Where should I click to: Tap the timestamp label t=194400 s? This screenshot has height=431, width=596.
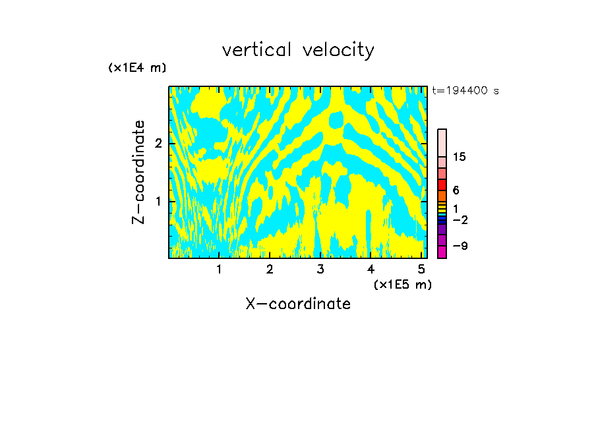[465, 91]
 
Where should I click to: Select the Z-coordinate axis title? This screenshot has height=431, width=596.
[138, 171]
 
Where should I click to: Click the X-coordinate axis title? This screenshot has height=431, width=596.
[298, 304]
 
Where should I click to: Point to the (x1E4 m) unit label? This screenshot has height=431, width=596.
[137, 68]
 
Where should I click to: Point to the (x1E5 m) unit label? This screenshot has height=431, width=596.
[402, 284]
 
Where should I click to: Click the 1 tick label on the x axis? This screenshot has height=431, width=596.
[219, 270]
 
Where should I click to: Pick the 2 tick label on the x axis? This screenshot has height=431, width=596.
[270, 270]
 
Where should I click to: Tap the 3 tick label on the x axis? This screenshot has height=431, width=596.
[320, 270]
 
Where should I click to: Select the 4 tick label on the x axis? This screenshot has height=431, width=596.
[371, 270]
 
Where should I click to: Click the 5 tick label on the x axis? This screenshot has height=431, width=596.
[422, 270]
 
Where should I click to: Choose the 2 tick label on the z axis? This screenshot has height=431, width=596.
[158, 144]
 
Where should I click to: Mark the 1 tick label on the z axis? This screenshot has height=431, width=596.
[158, 201]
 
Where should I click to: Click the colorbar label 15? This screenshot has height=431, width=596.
[460, 157]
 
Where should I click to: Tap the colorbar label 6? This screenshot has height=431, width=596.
[456, 190]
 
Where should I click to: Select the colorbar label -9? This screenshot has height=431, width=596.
[460, 246]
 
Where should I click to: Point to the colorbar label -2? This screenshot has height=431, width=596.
[460, 219]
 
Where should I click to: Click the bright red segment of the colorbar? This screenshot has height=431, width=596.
[442, 185]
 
